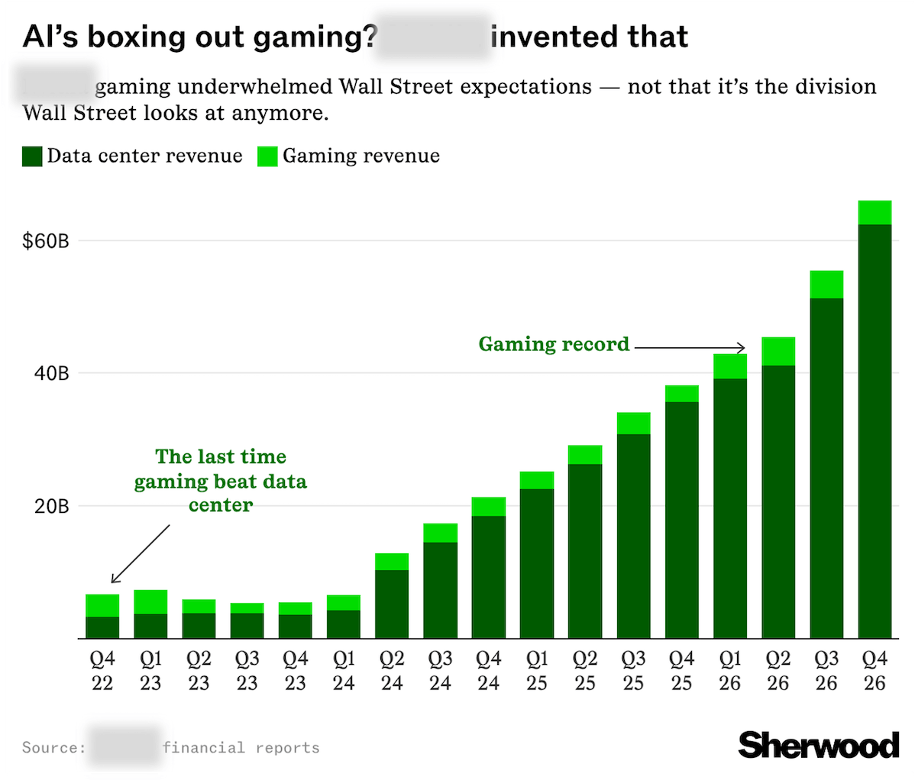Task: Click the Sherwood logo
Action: click(x=818, y=745)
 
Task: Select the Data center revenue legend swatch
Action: click(x=32, y=156)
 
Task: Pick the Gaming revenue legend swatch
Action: click(x=267, y=156)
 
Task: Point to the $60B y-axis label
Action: click(x=45, y=241)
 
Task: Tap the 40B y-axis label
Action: click(x=52, y=374)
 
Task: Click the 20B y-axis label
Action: click(x=52, y=507)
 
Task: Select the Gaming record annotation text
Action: click(x=554, y=344)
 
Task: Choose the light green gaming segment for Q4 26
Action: click(x=875, y=212)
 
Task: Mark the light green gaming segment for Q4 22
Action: click(x=102, y=605)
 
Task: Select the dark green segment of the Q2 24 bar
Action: click(x=392, y=604)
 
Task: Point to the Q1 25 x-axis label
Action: click(x=537, y=671)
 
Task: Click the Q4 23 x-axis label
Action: click(x=296, y=671)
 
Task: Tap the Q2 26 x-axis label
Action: click(x=778, y=671)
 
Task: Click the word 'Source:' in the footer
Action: click(x=53, y=747)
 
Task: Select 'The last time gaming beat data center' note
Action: click(x=221, y=481)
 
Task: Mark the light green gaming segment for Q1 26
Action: click(x=730, y=366)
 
